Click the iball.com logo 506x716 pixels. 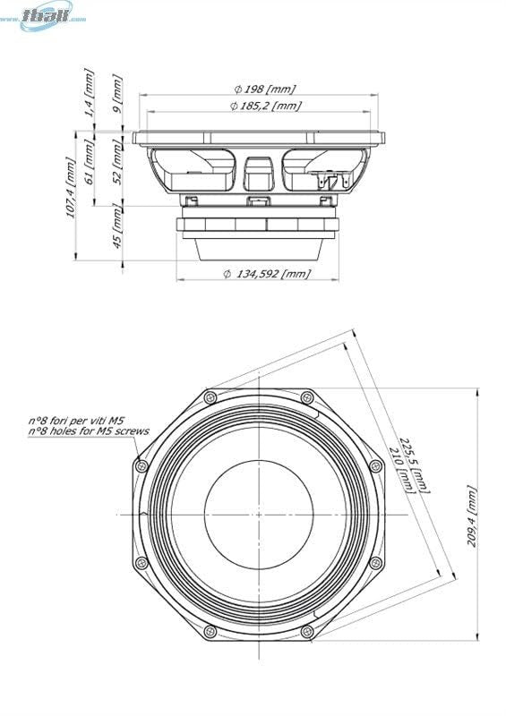point(53,15)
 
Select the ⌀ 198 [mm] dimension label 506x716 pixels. point(264,89)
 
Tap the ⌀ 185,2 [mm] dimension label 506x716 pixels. point(264,106)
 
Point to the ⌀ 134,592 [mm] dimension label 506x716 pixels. point(267,273)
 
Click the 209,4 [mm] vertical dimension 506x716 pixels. point(472,516)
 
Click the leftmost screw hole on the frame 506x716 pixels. point(142,466)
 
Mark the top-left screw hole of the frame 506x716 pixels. point(210,396)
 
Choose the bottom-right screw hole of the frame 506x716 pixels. point(307,631)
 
